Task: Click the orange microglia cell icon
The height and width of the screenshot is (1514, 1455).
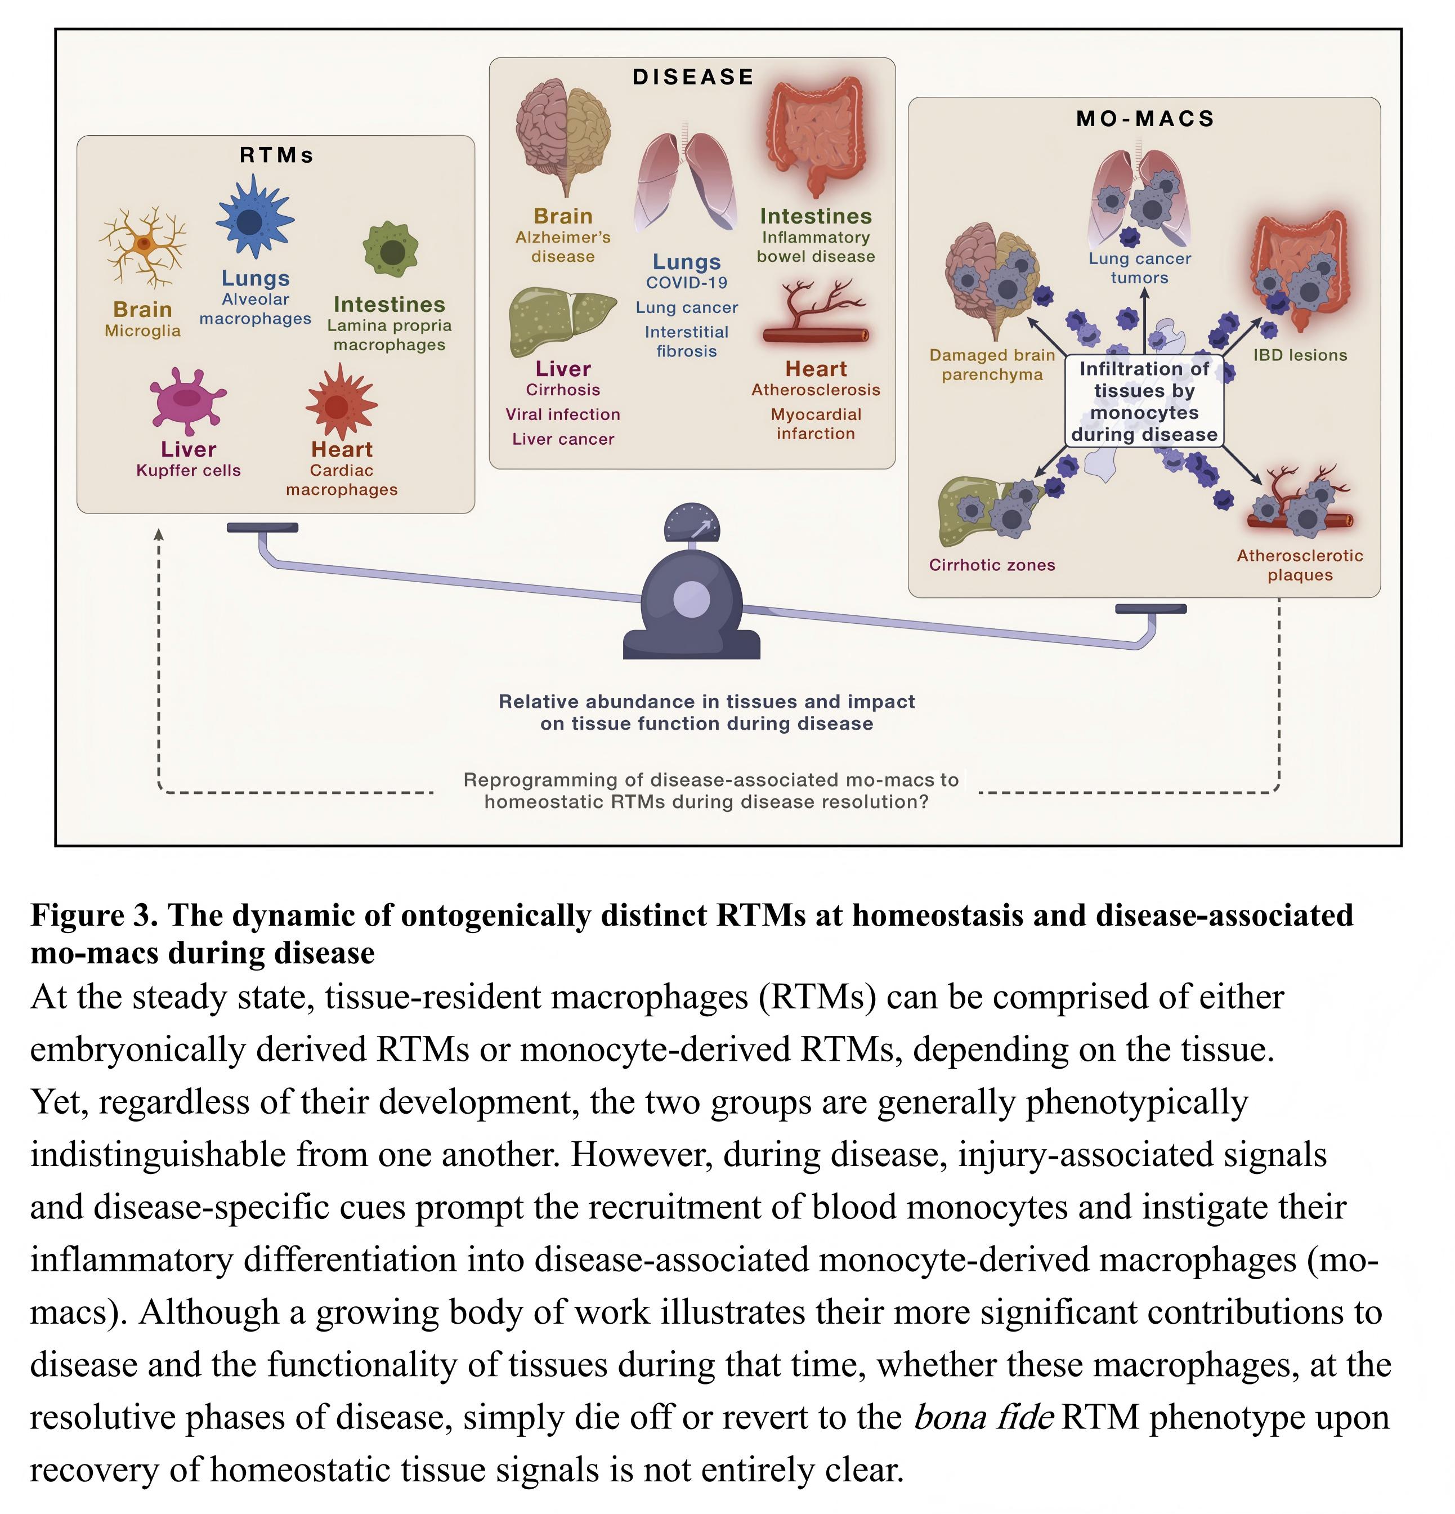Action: [x=143, y=245]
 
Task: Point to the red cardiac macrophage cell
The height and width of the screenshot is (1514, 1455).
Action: [x=340, y=403]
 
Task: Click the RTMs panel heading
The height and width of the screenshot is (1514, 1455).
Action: [x=276, y=155]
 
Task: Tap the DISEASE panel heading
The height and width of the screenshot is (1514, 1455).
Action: [x=693, y=77]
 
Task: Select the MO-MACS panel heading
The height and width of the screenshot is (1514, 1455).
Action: [x=1145, y=119]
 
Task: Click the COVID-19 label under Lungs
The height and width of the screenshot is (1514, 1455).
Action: [x=687, y=283]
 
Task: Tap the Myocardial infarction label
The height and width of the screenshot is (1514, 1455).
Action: [x=816, y=424]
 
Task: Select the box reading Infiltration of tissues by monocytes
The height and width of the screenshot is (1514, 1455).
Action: [x=1144, y=401]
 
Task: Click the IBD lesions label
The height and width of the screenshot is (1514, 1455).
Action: [x=1300, y=355]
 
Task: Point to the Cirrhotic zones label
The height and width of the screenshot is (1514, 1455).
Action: [x=992, y=565]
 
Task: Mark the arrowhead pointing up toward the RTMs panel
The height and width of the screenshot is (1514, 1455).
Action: [x=158, y=534]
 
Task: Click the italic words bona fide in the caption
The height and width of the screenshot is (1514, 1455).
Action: [x=983, y=1418]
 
